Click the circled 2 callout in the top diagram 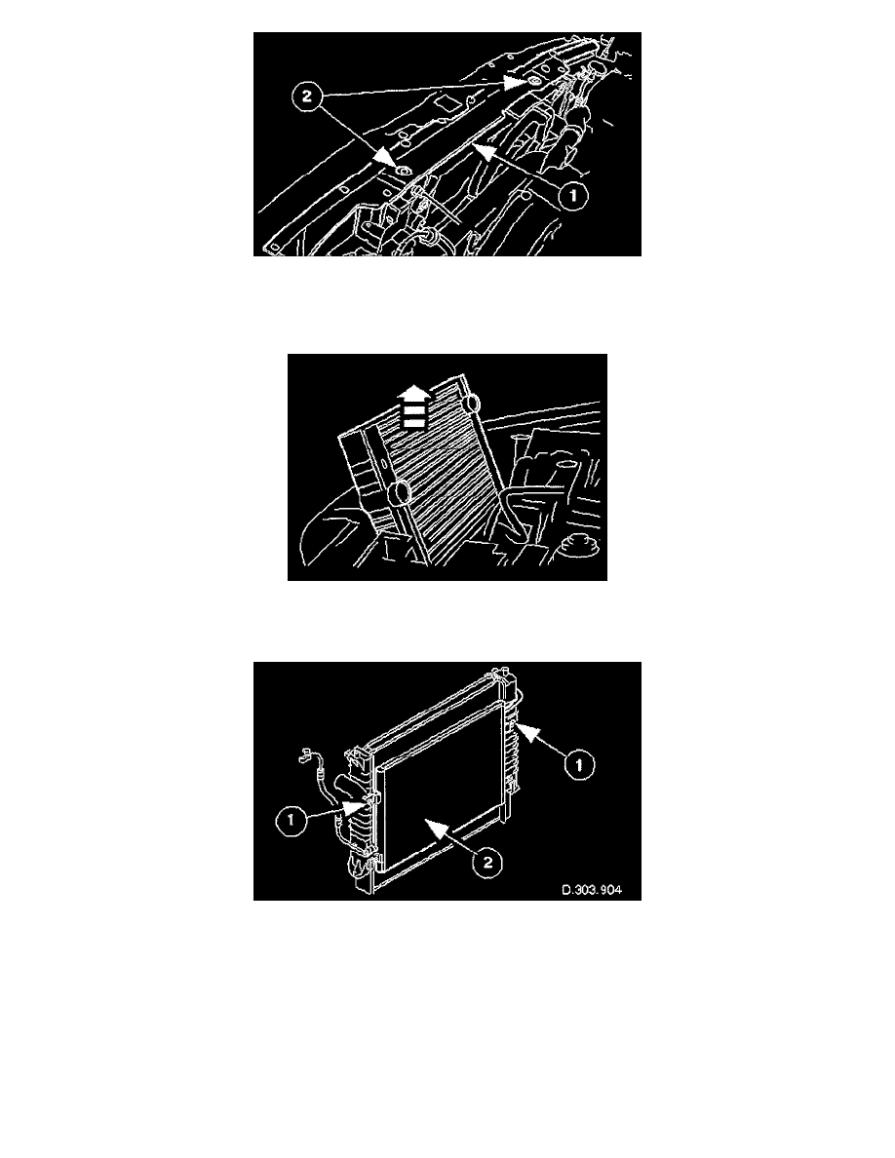click(x=307, y=96)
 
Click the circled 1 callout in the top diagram click(x=572, y=196)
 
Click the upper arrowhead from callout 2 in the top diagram click(x=516, y=81)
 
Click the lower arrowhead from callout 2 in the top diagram click(x=385, y=157)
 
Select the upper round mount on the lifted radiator click(x=471, y=404)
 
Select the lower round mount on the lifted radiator click(x=400, y=492)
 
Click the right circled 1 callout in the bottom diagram click(x=579, y=765)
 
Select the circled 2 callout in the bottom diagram click(x=487, y=862)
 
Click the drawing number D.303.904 click(x=592, y=889)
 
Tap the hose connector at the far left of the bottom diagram click(x=304, y=755)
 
